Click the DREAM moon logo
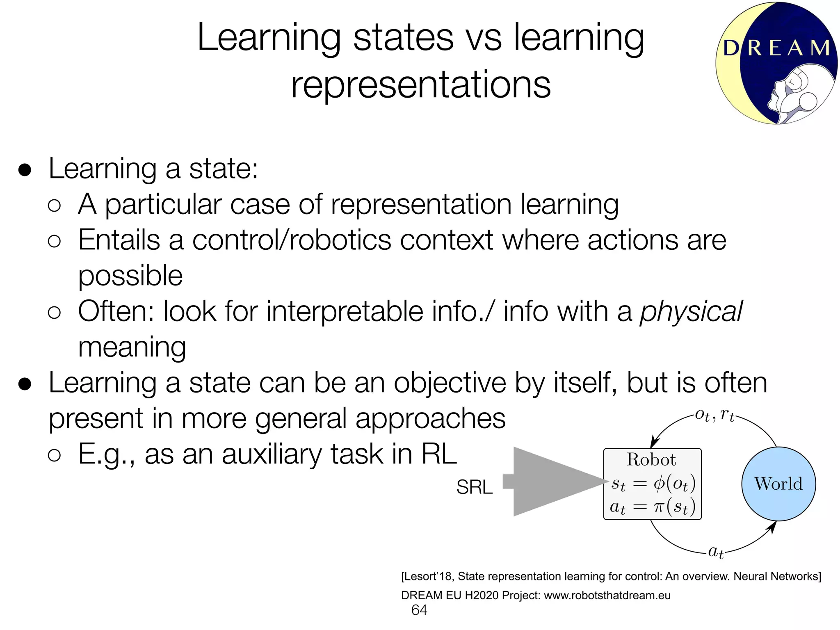[x=776, y=64]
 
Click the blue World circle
[x=778, y=484]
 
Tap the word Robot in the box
[x=651, y=460]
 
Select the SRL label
[x=474, y=487]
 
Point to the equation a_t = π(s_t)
[x=652, y=507]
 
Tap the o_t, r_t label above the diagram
[x=714, y=416]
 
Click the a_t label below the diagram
[x=716, y=552]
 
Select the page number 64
[x=419, y=610]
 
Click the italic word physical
[x=691, y=311]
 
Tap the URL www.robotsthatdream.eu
[x=607, y=595]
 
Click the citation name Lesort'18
[x=427, y=576]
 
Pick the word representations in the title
[x=421, y=84]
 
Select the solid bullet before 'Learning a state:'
[x=25, y=170]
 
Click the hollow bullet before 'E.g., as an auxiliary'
[x=54, y=455]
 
